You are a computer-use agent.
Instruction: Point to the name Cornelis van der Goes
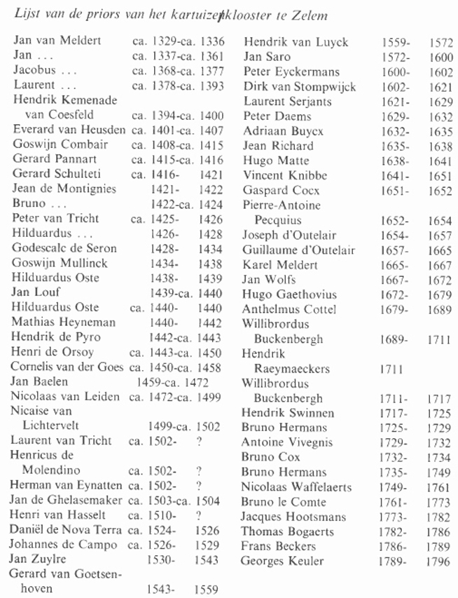click(67, 367)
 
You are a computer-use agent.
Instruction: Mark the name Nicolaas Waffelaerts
click(296, 487)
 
